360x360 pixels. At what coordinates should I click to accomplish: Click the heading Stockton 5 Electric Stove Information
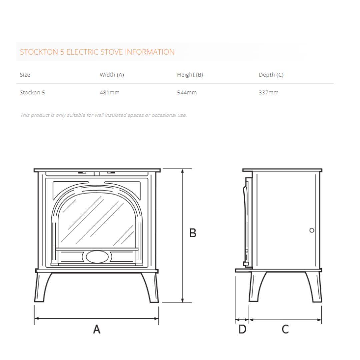[97, 52]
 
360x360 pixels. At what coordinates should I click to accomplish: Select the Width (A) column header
[112, 75]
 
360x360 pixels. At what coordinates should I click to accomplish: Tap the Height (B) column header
[190, 75]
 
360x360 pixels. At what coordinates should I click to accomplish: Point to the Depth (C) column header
[271, 75]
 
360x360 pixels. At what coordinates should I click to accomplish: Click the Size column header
[25, 75]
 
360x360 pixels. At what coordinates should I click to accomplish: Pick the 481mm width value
[109, 93]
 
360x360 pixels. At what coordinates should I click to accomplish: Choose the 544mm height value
[187, 93]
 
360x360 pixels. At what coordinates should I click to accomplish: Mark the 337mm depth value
[268, 93]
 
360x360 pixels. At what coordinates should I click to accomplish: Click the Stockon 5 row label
[32, 93]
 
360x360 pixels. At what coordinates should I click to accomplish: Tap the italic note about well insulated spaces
[103, 115]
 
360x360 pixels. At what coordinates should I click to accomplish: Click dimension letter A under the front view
[97, 329]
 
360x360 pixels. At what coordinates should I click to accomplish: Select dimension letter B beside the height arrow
[193, 233]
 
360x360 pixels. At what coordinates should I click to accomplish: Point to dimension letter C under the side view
[285, 329]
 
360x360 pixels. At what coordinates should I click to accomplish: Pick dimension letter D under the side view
[242, 329]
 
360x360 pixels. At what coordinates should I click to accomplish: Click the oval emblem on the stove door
[97, 257]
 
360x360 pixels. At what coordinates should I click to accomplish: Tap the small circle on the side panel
[312, 230]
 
